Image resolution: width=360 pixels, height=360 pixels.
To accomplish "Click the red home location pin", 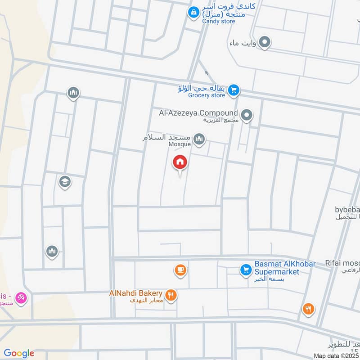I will pyautogui.click(x=180, y=162).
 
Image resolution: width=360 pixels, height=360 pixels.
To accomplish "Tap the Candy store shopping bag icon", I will pyautogui.click(x=193, y=12).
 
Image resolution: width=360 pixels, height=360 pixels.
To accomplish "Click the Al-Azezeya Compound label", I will pyautogui.click(x=198, y=113).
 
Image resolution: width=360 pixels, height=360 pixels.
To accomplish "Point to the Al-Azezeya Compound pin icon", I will pyautogui.click(x=246, y=116).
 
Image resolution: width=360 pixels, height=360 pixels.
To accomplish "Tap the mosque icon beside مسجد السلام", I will pyautogui.click(x=199, y=139).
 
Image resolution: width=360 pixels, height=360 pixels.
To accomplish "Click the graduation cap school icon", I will pyautogui.click(x=65, y=182).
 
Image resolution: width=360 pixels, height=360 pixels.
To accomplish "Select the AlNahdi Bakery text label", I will pyautogui.click(x=135, y=293).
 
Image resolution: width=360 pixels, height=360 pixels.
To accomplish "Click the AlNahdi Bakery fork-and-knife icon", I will pyautogui.click(x=171, y=295).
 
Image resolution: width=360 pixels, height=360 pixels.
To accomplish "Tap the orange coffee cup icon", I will pyautogui.click(x=180, y=270).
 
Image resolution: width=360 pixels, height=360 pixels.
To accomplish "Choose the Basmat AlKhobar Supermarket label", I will pyautogui.click(x=285, y=267).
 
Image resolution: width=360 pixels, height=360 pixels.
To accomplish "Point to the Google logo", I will pyautogui.click(x=19, y=353).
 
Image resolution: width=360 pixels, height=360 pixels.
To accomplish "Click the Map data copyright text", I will pyautogui.click(x=336, y=355).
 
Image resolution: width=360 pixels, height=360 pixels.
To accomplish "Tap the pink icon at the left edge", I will pyautogui.click(x=20, y=297).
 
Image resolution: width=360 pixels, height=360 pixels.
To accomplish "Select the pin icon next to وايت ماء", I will pyautogui.click(x=265, y=43).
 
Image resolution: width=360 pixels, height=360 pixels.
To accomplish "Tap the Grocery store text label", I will pyautogui.click(x=207, y=95).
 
